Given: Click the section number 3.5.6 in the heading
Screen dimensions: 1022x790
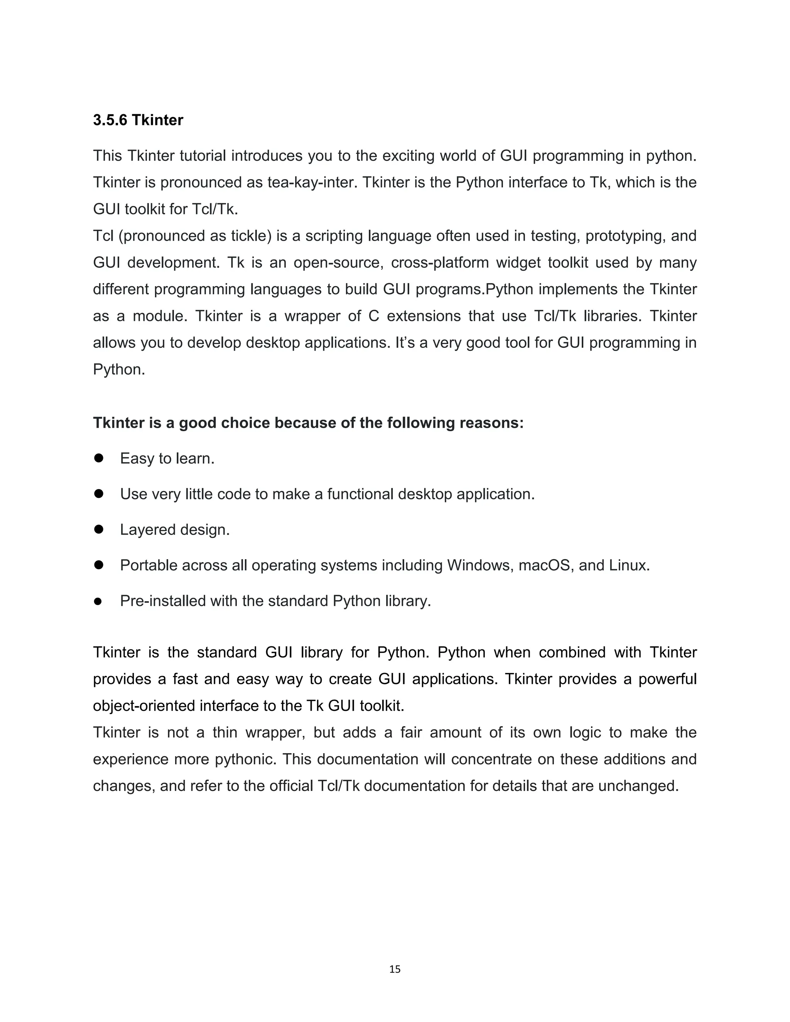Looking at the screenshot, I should click(x=110, y=120).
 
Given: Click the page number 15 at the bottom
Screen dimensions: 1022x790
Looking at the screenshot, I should click(x=395, y=969).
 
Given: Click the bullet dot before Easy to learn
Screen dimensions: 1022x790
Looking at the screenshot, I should click(x=98, y=458).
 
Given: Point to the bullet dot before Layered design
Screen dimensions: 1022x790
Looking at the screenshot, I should click(x=98, y=529).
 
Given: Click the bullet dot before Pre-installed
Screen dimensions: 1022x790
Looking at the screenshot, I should click(x=98, y=601).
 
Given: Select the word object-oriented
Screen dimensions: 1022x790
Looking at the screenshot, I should click(x=143, y=706).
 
